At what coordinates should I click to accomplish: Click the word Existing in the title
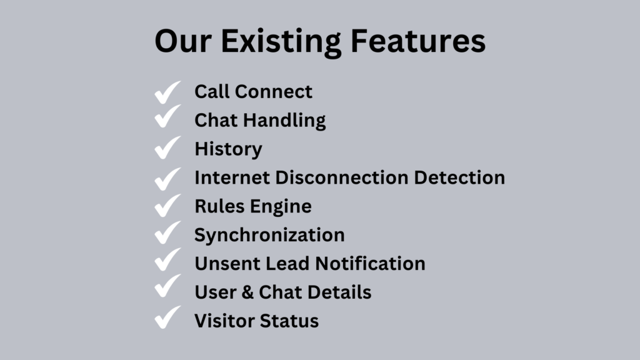pos(281,42)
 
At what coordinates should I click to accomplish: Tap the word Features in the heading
pos(418,41)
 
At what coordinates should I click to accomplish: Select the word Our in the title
pos(183,41)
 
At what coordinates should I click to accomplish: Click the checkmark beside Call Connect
pos(167,92)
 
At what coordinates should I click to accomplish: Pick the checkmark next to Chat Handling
pos(167,116)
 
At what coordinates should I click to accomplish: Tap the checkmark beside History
pos(167,147)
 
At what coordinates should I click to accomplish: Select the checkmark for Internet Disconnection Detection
pos(167,179)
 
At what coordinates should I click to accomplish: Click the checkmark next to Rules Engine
pos(167,205)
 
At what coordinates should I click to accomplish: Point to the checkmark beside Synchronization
pos(167,232)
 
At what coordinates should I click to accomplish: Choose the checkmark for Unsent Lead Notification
pos(167,259)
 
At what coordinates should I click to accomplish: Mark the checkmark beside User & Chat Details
pos(167,286)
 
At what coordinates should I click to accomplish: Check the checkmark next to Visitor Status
pos(167,317)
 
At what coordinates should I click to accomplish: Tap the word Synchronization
pos(269,236)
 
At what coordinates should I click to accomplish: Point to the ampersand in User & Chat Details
pos(247,292)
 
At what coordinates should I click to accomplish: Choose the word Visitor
pos(224,321)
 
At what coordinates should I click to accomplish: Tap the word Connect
pos(274,91)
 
